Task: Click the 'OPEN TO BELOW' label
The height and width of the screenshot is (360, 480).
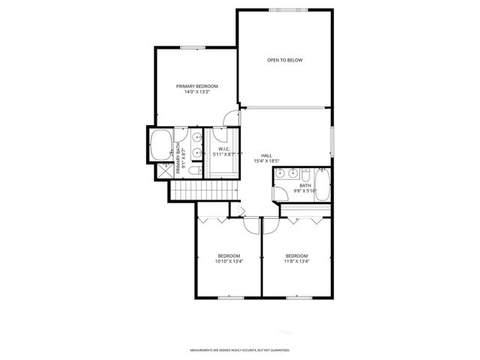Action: (285, 60)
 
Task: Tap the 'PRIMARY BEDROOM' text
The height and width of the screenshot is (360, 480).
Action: (197, 86)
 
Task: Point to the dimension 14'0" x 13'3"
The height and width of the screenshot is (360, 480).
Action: (197, 92)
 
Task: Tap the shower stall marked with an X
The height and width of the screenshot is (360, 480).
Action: (164, 170)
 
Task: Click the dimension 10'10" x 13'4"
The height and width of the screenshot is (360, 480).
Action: (229, 262)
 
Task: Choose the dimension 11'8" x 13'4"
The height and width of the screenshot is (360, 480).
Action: (297, 262)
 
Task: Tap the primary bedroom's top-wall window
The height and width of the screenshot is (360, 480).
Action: (192, 48)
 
